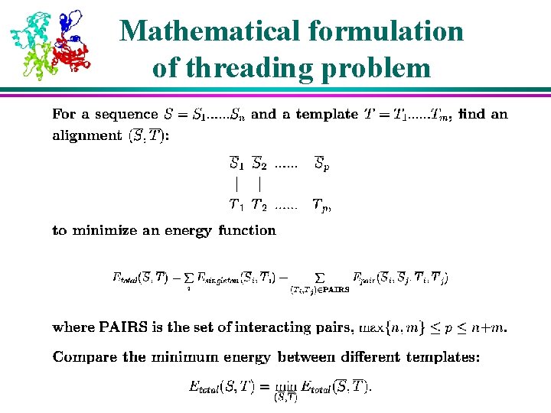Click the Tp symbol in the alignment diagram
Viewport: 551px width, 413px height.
[321, 205]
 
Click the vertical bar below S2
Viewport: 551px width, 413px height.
[261, 184]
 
